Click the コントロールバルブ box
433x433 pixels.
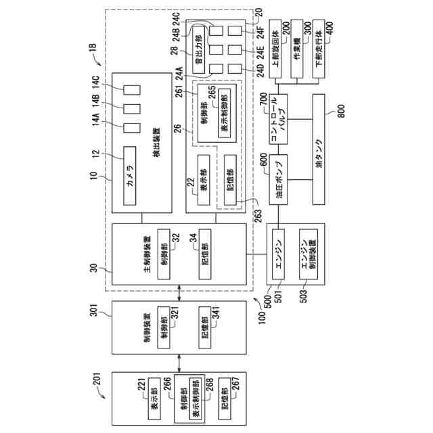[279, 118]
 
